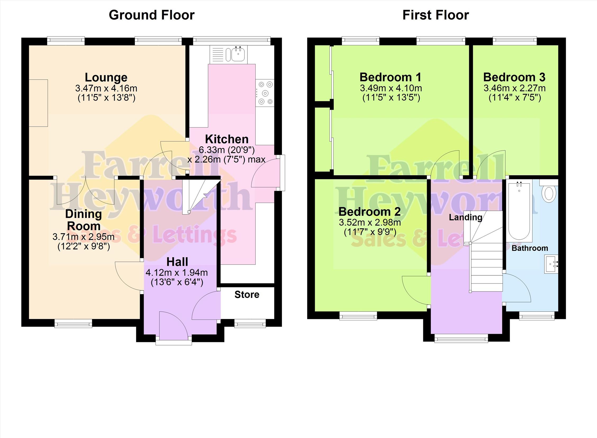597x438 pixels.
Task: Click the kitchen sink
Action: (x=228, y=54)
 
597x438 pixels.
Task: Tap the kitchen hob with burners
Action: (x=265, y=93)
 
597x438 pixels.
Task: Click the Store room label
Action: (x=247, y=295)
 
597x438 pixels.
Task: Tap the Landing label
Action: (x=465, y=217)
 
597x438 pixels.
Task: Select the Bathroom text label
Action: (x=530, y=248)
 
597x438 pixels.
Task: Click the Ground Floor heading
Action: (x=152, y=15)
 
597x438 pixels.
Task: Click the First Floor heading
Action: (x=436, y=15)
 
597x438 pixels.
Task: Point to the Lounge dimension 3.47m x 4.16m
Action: (x=106, y=88)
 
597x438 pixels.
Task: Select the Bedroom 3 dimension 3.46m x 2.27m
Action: (x=514, y=88)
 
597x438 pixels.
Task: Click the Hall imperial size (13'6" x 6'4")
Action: (x=177, y=282)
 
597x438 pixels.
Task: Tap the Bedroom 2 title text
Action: (x=370, y=212)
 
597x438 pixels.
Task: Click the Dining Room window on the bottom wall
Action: (x=74, y=323)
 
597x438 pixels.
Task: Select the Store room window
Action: (x=250, y=323)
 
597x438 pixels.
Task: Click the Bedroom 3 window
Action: (x=515, y=41)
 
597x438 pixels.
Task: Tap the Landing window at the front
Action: (x=461, y=338)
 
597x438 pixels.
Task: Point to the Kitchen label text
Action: (x=227, y=139)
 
